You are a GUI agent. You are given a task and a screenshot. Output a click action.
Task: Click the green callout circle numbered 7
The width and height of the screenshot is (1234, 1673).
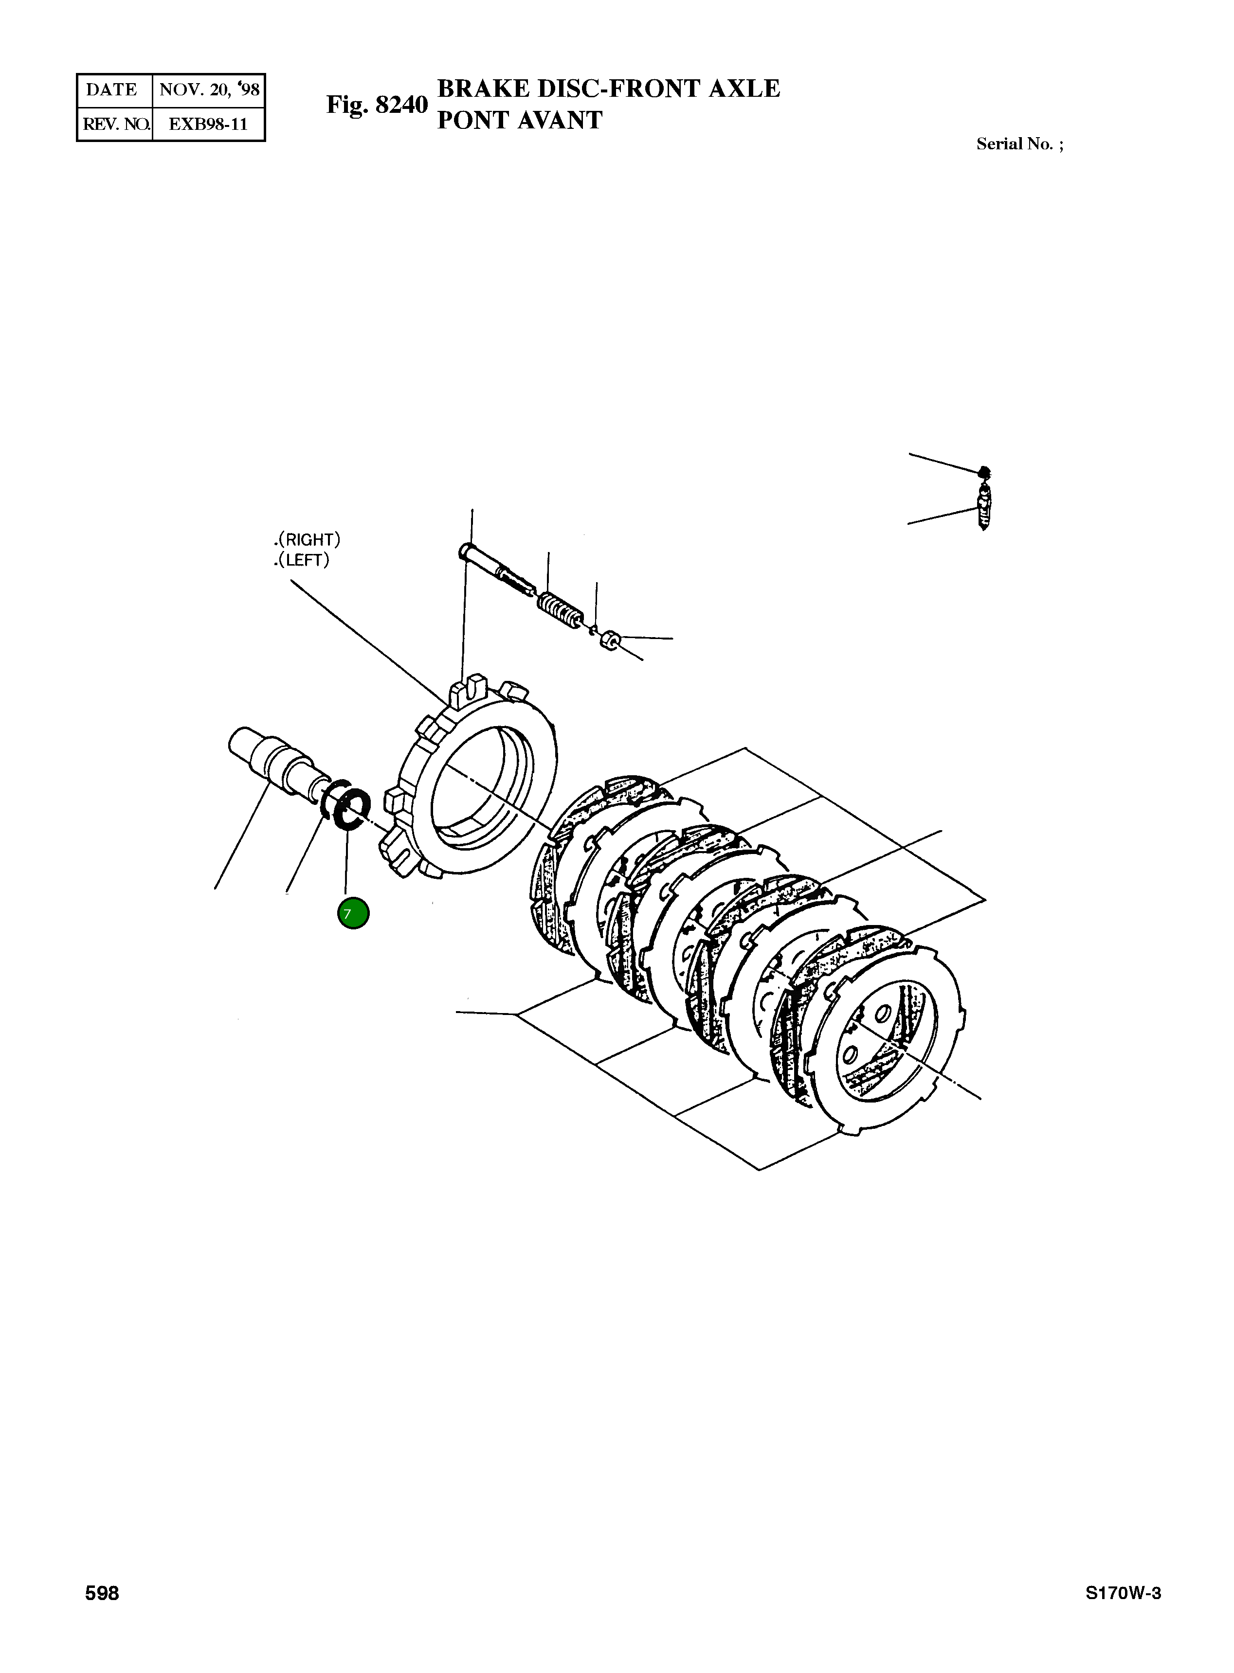(353, 914)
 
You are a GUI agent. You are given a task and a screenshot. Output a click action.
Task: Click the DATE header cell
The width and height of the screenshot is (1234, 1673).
(112, 90)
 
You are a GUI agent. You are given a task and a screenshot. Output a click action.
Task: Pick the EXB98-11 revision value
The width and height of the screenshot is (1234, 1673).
(208, 124)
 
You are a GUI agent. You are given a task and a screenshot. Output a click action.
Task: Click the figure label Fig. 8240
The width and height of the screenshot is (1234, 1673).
(377, 105)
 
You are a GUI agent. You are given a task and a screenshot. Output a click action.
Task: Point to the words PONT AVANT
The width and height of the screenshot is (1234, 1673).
(519, 120)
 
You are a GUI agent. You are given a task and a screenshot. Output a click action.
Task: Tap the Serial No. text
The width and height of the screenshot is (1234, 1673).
(1019, 144)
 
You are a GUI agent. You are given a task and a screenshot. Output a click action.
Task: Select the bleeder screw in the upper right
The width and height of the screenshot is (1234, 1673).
(984, 508)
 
